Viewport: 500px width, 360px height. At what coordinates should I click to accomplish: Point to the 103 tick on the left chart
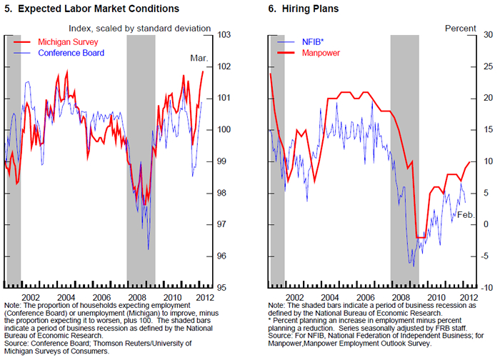click(x=225, y=35)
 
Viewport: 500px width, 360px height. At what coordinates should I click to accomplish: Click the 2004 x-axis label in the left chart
click(x=66, y=296)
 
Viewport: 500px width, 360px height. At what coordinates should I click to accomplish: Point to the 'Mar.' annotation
click(x=199, y=58)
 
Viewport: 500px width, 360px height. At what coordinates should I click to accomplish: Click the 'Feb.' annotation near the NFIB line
click(x=466, y=214)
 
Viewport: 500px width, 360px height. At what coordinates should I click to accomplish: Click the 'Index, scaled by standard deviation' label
click(x=140, y=28)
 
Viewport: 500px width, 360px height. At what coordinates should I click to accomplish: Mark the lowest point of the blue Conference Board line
click(x=148, y=249)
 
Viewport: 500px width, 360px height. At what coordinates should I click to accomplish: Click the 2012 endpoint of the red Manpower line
click(x=469, y=161)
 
